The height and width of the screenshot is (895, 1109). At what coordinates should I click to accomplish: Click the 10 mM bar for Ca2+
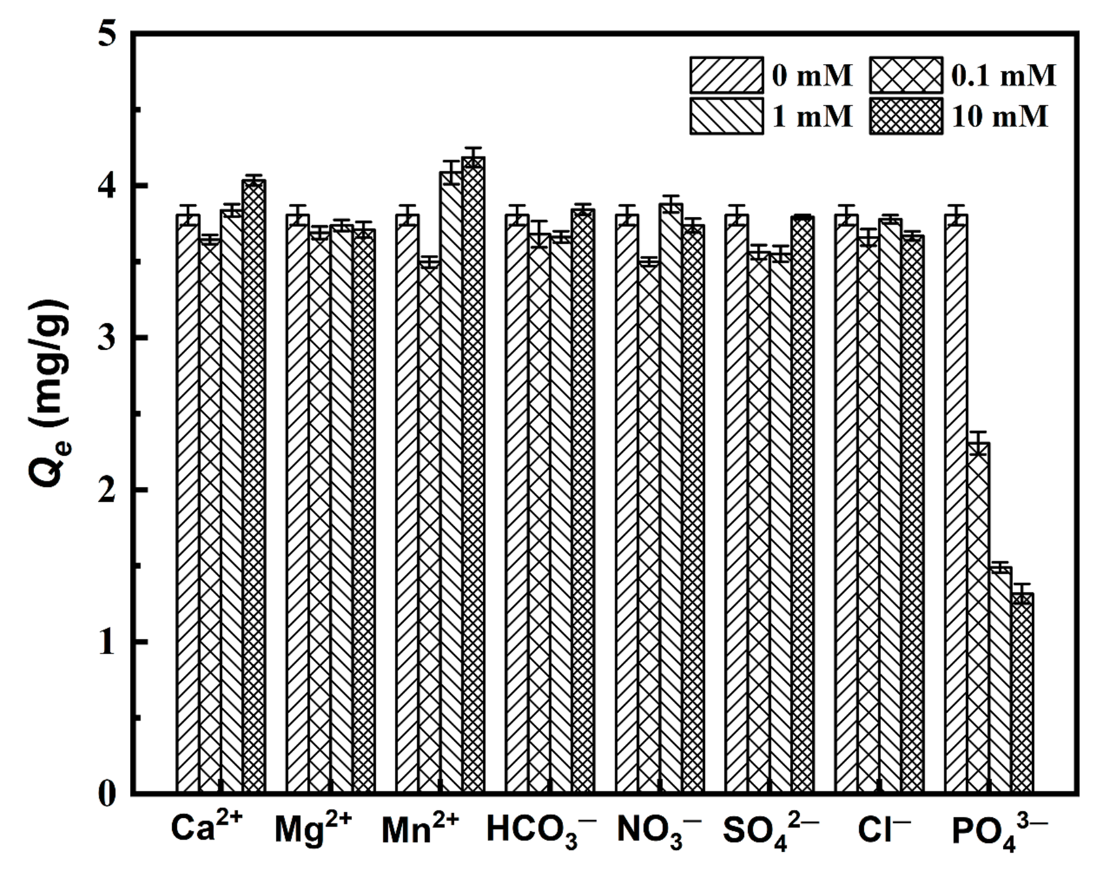coord(254,487)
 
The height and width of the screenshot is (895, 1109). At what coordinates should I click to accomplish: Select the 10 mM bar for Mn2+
coord(473,475)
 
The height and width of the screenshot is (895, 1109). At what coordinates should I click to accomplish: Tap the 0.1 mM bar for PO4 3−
coord(978,616)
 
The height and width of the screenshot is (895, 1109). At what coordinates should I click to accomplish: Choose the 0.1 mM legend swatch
coord(906,75)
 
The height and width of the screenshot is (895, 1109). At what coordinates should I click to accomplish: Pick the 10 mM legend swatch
coord(906,116)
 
